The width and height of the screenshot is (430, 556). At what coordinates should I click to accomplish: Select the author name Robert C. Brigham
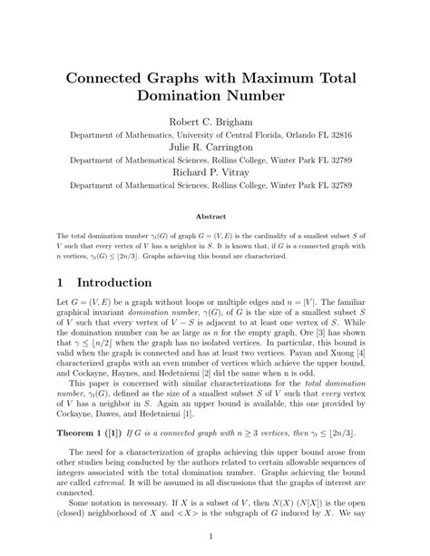point(215,121)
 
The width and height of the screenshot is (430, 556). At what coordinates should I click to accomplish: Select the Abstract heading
point(215,216)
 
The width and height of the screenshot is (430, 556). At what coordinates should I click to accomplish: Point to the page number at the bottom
point(215,537)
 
